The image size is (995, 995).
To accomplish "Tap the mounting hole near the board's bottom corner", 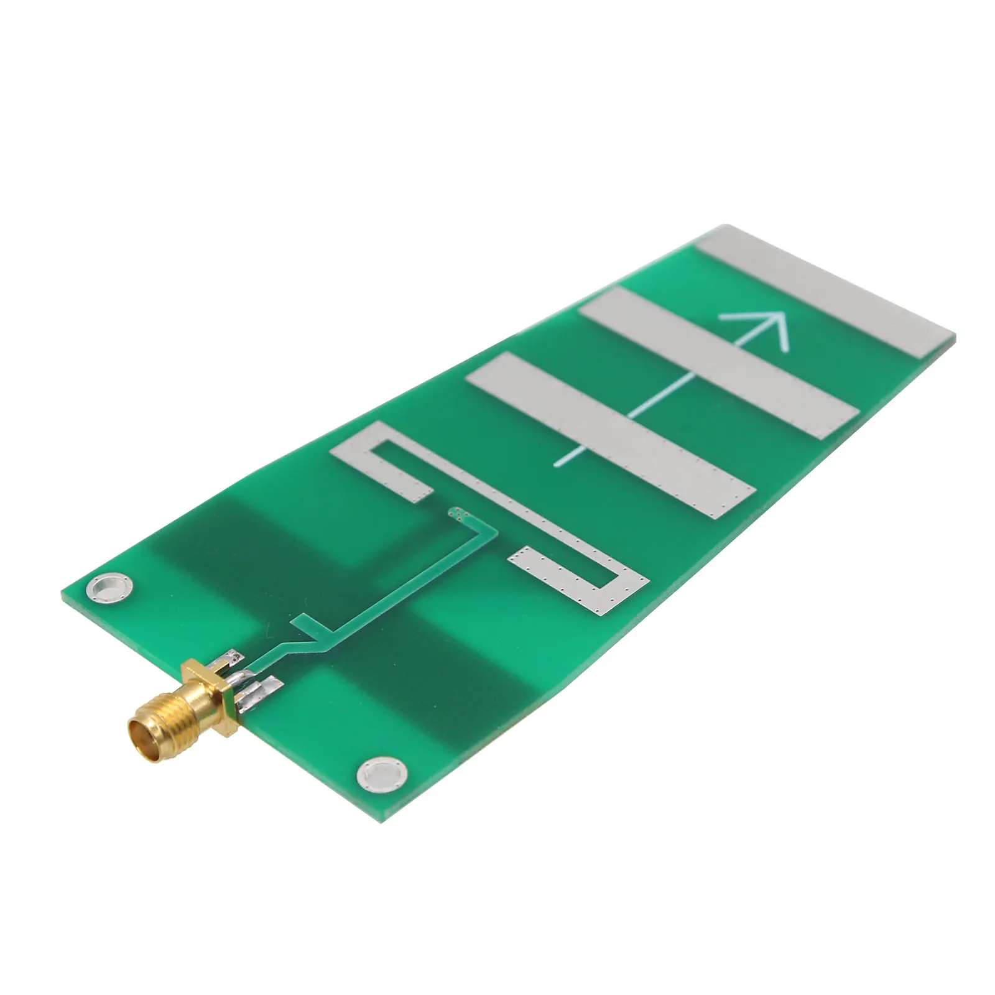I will [380, 774].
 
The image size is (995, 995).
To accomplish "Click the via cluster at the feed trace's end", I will [458, 512].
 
